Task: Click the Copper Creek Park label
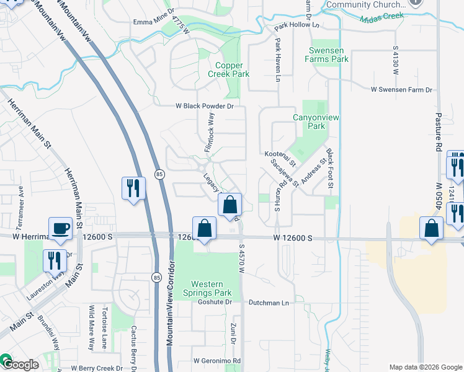pyautogui.click(x=233, y=69)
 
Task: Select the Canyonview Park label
pyautogui.click(x=308, y=121)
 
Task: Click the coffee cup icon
pyautogui.click(x=61, y=228)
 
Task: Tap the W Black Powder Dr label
pyautogui.click(x=203, y=106)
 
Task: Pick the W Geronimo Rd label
pyautogui.click(x=216, y=360)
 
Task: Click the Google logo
pyautogui.click(x=20, y=365)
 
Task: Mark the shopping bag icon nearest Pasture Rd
pyautogui.click(x=431, y=228)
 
